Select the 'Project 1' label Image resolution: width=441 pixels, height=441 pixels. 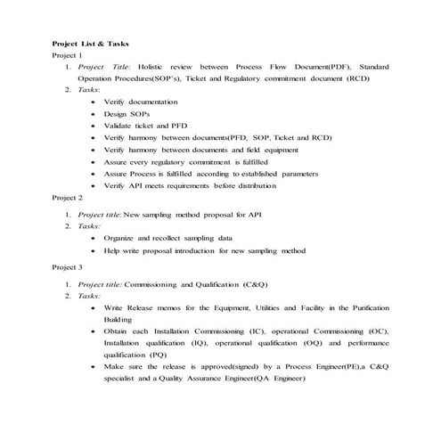[68, 54]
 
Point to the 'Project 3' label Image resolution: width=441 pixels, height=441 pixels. [68, 266]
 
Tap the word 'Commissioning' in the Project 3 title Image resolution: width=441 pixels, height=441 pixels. [153, 282]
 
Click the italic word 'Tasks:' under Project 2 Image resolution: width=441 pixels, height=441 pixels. [89, 226]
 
